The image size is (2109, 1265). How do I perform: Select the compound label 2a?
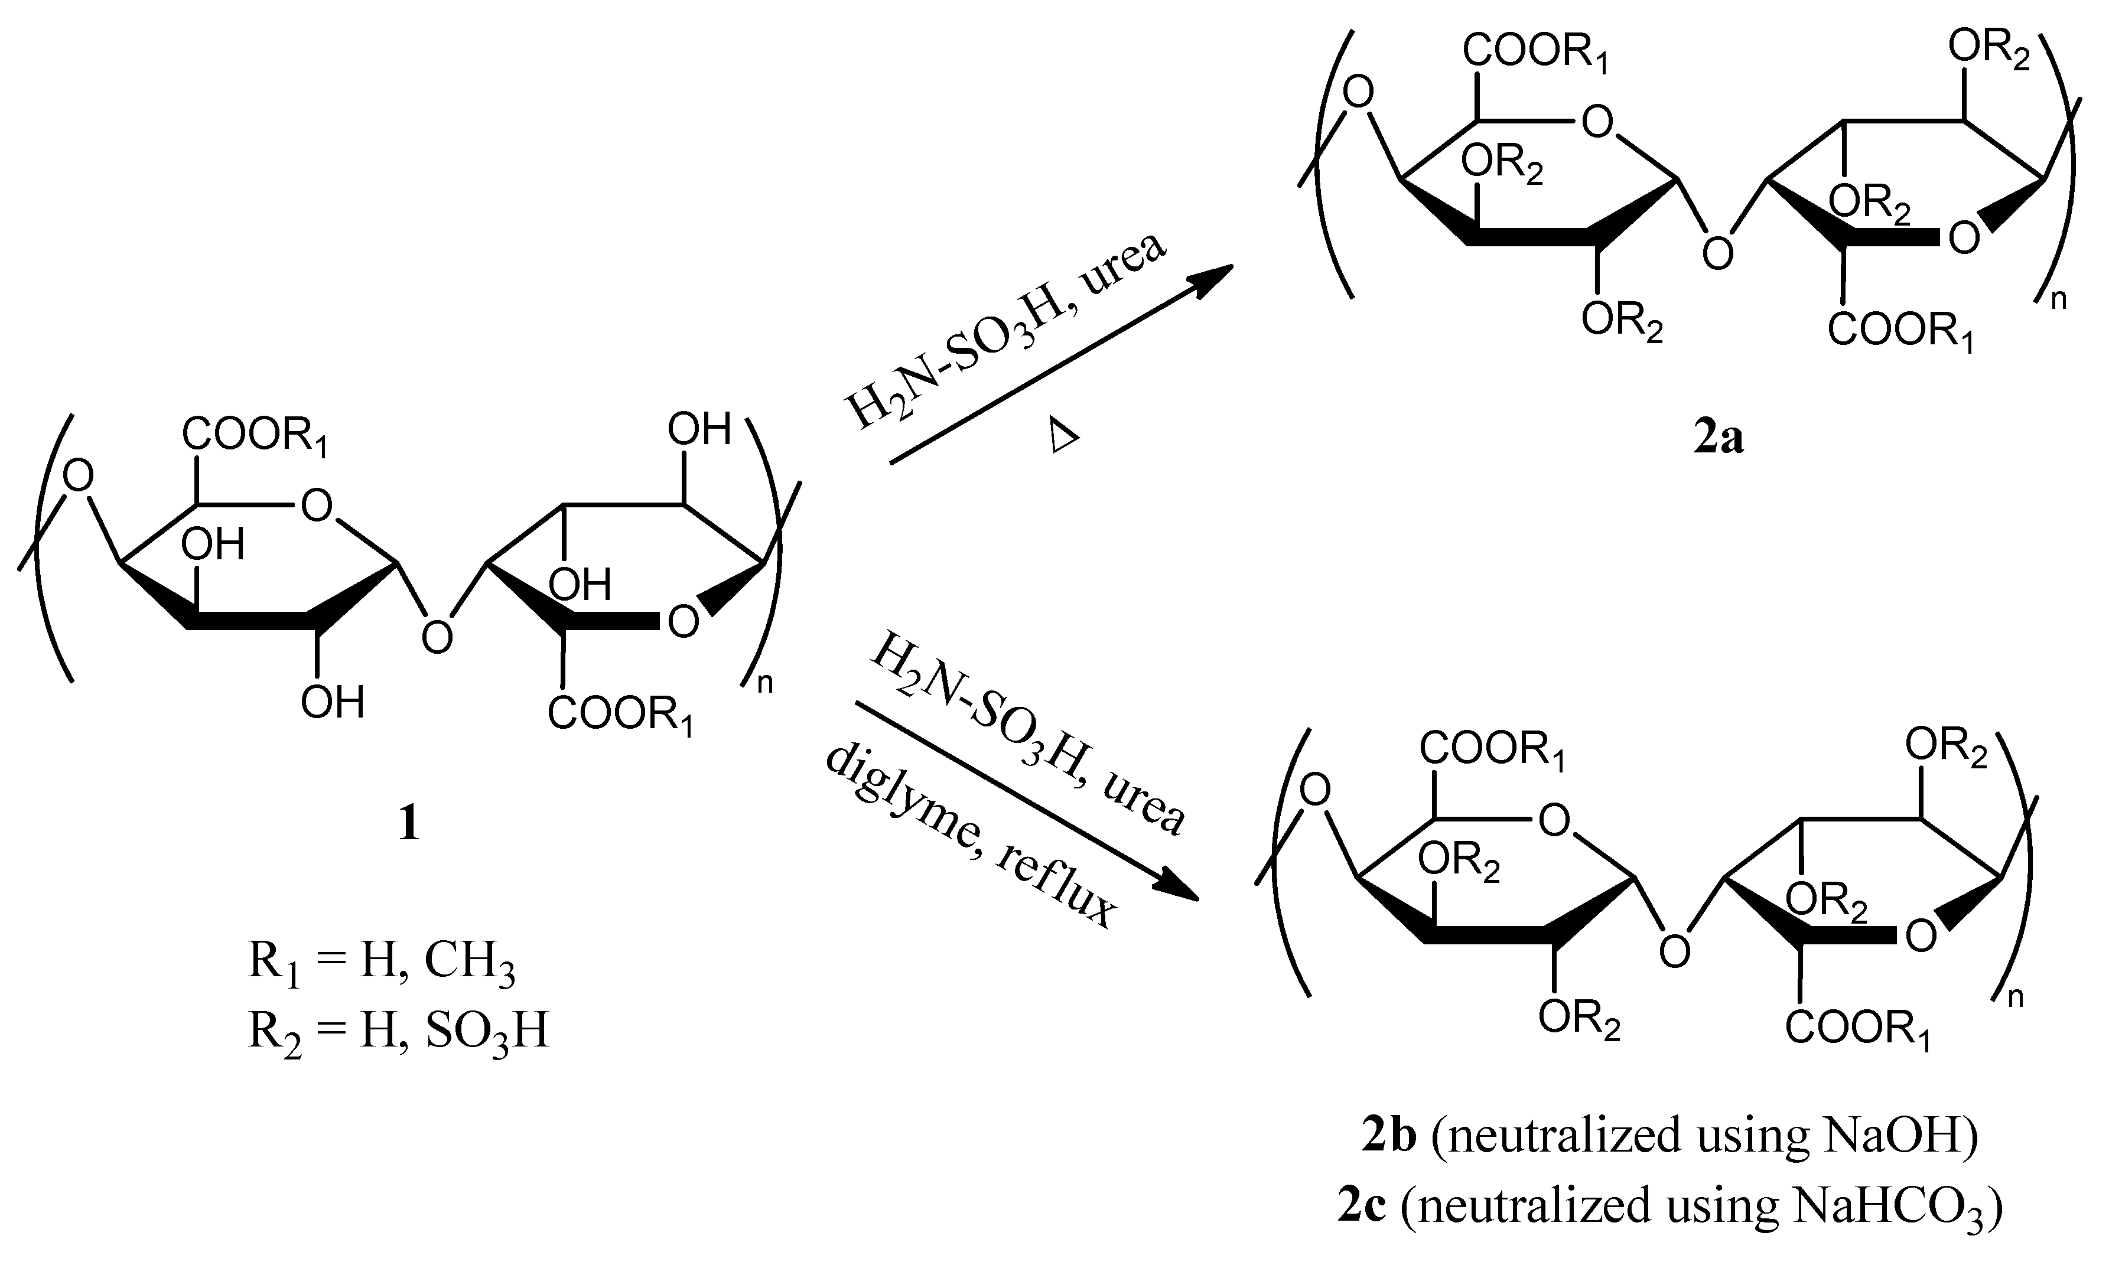[1719, 437]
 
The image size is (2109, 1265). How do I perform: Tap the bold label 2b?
[1389, 1136]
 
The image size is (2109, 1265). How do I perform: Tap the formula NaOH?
[1887, 1136]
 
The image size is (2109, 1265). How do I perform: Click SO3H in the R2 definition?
[487, 1032]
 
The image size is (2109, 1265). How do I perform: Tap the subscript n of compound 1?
[764, 683]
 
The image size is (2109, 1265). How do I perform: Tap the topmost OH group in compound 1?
[699, 429]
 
